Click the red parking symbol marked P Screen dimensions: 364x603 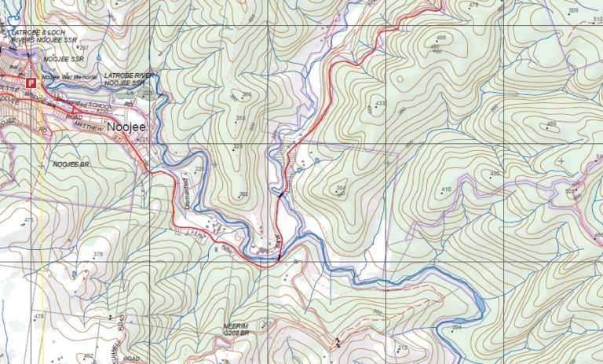(31, 82)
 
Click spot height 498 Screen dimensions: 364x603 (440, 38)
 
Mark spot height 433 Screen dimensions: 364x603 (381, 103)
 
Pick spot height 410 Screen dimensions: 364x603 (446, 189)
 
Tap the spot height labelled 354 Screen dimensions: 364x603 (341, 187)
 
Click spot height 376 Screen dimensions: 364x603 (98, 254)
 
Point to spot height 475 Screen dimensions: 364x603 (29, 220)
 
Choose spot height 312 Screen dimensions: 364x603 (403, 347)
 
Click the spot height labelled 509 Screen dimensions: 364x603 (573, 10)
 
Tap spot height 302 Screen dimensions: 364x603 (243, 194)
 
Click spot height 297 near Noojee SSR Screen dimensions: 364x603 (83, 48)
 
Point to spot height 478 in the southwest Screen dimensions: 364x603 (39, 316)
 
